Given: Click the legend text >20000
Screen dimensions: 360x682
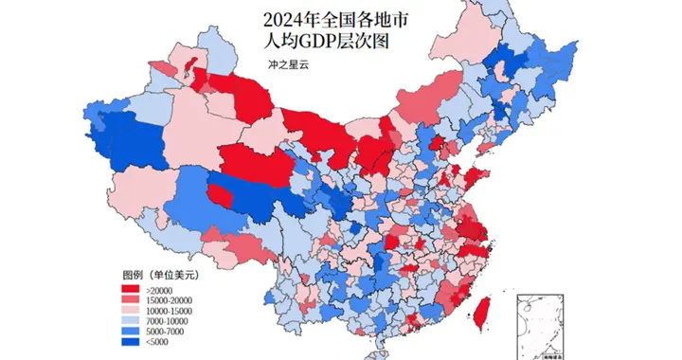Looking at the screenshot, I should coord(158,288).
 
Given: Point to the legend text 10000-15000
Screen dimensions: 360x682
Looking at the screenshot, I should coord(169,309).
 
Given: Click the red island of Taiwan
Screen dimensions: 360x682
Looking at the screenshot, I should coord(482,310).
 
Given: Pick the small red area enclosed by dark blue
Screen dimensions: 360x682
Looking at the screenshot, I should coord(220,196).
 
